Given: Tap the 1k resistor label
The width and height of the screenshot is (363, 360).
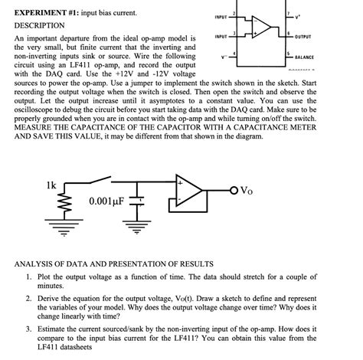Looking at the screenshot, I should pos(51,186).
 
